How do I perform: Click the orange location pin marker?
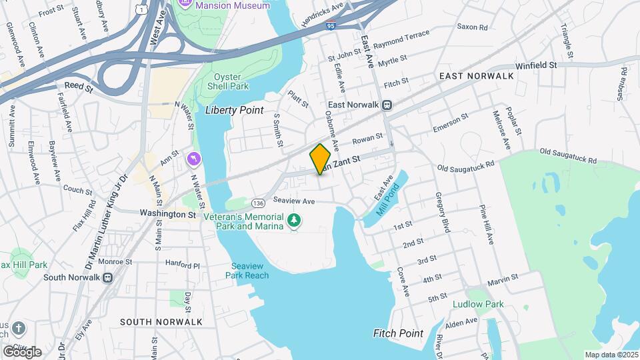click(x=321, y=159)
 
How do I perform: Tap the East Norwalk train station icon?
click(x=386, y=105)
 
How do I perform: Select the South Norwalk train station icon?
click(x=107, y=277)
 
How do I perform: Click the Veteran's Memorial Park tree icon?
click(x=293, y=220)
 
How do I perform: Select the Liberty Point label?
click(x=234, y=110)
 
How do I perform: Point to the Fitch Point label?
click(x=398, y=333)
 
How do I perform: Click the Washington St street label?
click(x=167, y=214)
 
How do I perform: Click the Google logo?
click(x=22, y=351)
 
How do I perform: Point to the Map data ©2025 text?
click(x=611, y=355)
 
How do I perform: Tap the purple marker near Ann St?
click(x=194, y=158)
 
